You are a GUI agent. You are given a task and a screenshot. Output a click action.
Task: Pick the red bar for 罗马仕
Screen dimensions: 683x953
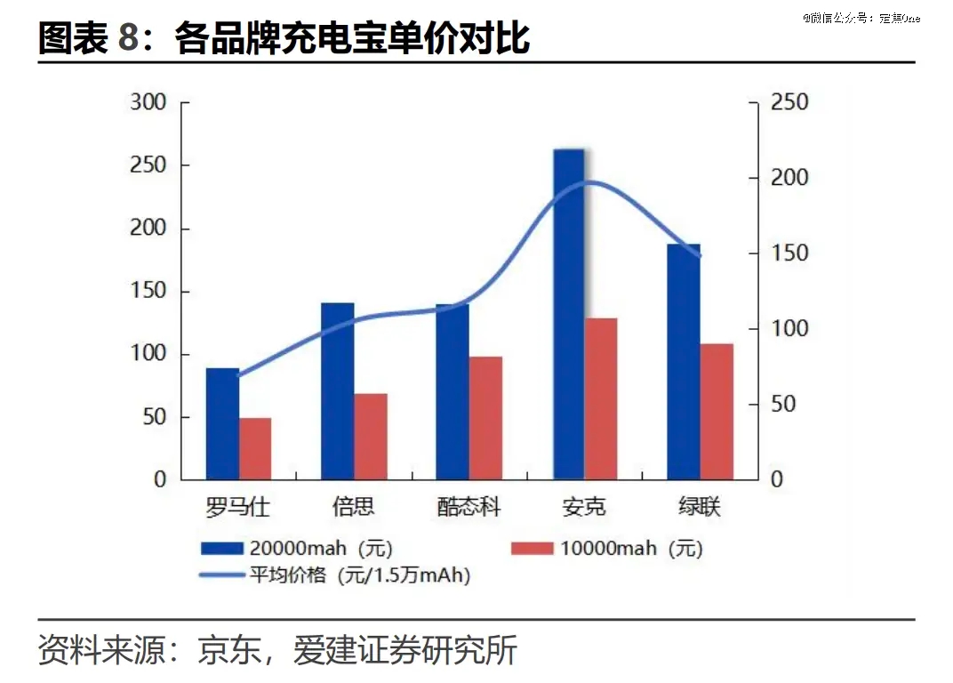pyautogui.click(x=255, y=448)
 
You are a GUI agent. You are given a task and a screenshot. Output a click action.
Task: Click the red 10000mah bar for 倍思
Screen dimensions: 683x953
pyautogui.click(x=371, y=436)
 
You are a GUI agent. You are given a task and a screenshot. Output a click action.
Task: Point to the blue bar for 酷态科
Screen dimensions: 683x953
pyautogui.click(x=452, y=391)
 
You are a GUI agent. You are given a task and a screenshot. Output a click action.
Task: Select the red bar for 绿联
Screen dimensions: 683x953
pyautogui.click(x=717, y=411)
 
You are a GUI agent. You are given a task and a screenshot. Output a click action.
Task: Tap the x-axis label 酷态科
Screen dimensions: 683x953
pyautogui.click(x=468, y=508)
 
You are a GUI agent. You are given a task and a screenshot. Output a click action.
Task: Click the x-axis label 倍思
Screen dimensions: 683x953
pyautogui.click(x=354, y=508)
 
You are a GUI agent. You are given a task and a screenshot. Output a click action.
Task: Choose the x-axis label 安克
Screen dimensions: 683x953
pyautogui.click(x=584, y=508)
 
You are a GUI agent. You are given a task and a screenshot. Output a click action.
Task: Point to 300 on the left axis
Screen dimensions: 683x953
pyautogui.click(x=148, y=103)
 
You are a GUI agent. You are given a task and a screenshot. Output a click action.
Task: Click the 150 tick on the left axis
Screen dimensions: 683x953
pyautogui.click(x=148, y=292)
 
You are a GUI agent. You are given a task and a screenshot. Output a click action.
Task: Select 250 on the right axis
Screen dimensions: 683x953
pyautogui.click(x=789, y=103)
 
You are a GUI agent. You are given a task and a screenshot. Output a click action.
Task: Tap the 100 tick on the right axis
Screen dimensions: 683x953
pyautogui.click(x=789, y=329)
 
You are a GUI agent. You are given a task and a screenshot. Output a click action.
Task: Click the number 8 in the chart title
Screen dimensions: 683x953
pyautogui.click(x=129, y=40)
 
